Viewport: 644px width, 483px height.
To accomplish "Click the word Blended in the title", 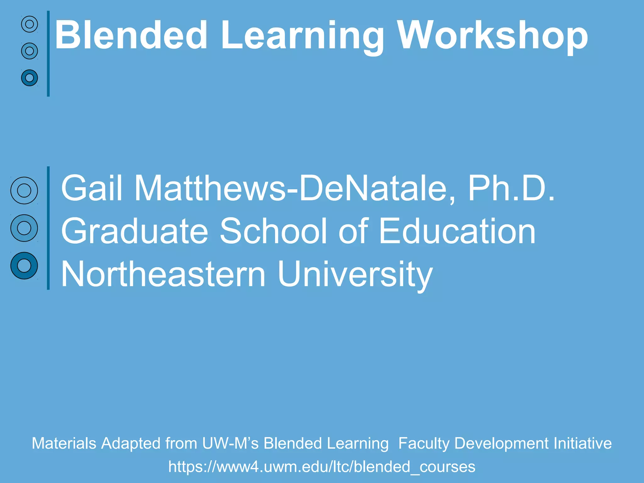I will click(x=131, y=35).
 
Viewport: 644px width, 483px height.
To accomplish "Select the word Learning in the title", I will click(x=302, y=37).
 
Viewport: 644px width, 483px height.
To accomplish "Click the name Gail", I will click(x=92, y=188).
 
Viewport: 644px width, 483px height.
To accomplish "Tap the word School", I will click(x=273, y=231).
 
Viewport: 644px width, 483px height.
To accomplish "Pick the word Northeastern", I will click(x=163, y=274).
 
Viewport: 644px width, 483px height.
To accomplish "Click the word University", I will click(x=355, y=275).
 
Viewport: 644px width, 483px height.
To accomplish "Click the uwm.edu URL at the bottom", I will click(x=322, y=467).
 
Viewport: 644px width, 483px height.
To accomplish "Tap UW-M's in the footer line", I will click(x=230, y=443).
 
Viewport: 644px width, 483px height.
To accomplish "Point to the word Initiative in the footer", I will click(x=582, y=443).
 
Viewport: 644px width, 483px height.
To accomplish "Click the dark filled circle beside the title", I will click(x=30, y=78).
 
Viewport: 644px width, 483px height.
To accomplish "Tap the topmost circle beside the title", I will click(x=30, y=24).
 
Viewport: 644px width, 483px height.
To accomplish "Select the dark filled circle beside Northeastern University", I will click(x=24, y=266).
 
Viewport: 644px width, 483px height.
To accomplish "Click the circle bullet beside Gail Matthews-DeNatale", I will click(x=24, y=191).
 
